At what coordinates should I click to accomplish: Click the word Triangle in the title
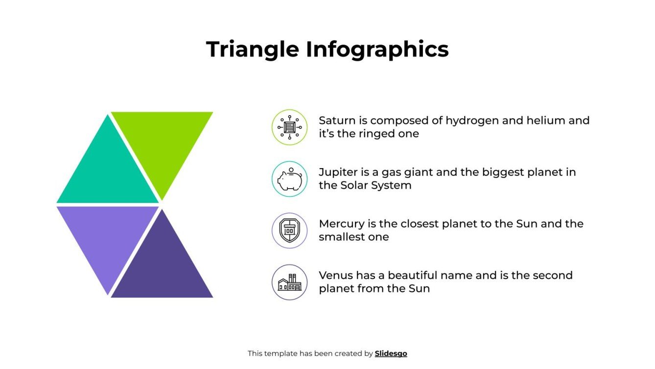pyautogui.click(x=253, y=49)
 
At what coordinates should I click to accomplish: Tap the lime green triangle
pyautogui.click(x=162, y=142)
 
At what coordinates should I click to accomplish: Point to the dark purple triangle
pyautogui.click(x=162, y=267)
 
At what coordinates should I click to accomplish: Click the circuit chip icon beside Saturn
pyautogui.click(x=289, y=127)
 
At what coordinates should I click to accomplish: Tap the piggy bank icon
pyautogui.click(x=289, y=179)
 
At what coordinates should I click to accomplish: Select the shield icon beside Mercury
pyautogui.click(x=289, y=231)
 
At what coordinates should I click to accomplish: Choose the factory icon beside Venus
pyautogui.click(x=289, y=283)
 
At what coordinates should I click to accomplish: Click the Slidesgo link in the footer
pyautogui.click(x=391, y=353)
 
